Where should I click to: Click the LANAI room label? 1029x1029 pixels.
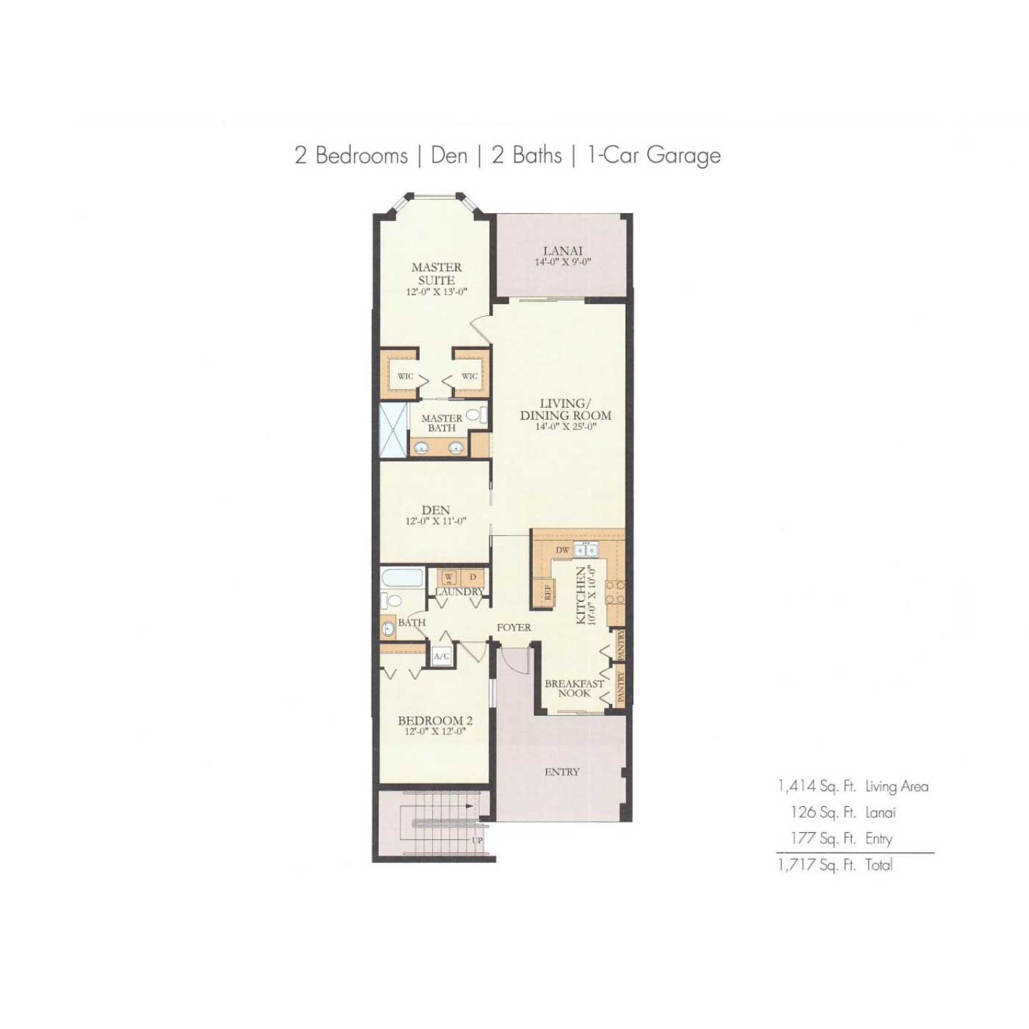tap(562, 251)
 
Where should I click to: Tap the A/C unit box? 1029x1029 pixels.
tap(441, 656)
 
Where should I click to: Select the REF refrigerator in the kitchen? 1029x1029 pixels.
tap(544, 592)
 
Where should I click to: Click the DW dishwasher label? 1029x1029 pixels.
tap(562, 550)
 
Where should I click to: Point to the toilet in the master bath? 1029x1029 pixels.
tap(476, 415)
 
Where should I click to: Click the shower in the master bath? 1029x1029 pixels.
tap(392, 430)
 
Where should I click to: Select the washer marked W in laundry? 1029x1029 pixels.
tap(448, 577)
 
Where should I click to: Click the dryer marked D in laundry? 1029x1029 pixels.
tap(473, 577)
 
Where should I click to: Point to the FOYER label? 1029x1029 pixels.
tap(514, 628)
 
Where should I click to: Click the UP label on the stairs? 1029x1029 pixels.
tap(477, 841)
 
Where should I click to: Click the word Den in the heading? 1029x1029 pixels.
tap(448, 155)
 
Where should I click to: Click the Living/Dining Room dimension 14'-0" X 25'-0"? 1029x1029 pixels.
tap(565, 426)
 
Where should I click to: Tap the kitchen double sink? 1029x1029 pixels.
tap(585, 549)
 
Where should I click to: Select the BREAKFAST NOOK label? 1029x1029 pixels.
tap(575, 688)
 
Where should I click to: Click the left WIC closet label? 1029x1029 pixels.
tap(405, 376)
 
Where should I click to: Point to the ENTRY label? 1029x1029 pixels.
tap(562, 772)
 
